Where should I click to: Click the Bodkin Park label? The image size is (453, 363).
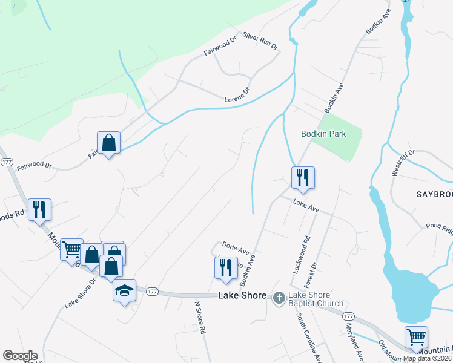323,134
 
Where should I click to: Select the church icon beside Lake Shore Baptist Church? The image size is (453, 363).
279,297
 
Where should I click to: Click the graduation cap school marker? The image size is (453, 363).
124,290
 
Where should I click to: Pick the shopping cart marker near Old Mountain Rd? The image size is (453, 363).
416,338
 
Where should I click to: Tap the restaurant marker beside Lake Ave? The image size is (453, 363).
302,178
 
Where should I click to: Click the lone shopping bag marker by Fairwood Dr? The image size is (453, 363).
109,143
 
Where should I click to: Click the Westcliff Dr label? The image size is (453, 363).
403,162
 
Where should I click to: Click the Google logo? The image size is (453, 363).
20,356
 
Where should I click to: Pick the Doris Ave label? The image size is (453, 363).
236,249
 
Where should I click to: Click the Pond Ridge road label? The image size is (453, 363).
439,229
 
